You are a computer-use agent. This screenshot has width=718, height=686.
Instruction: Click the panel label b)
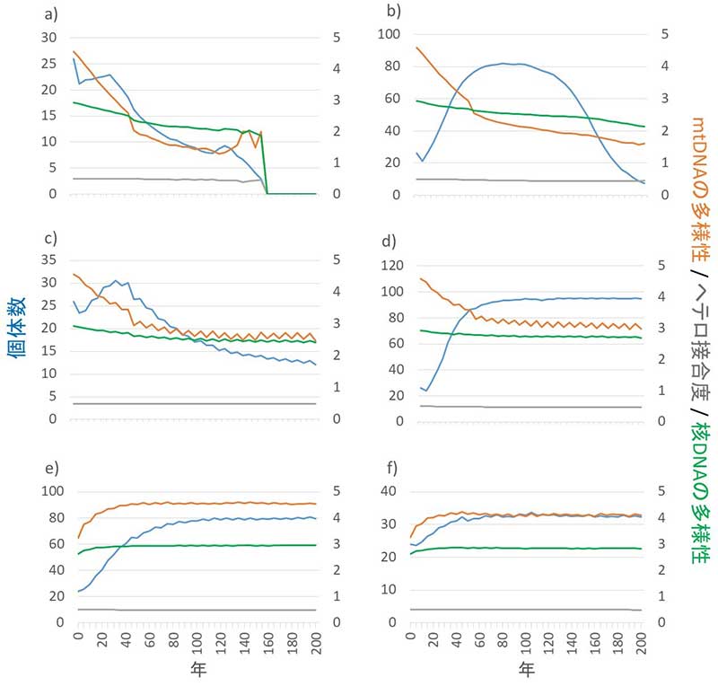coord(392,13)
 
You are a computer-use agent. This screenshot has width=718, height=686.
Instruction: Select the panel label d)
coord(392,240)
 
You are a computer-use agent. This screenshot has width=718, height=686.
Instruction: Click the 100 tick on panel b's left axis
coord(389,34)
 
